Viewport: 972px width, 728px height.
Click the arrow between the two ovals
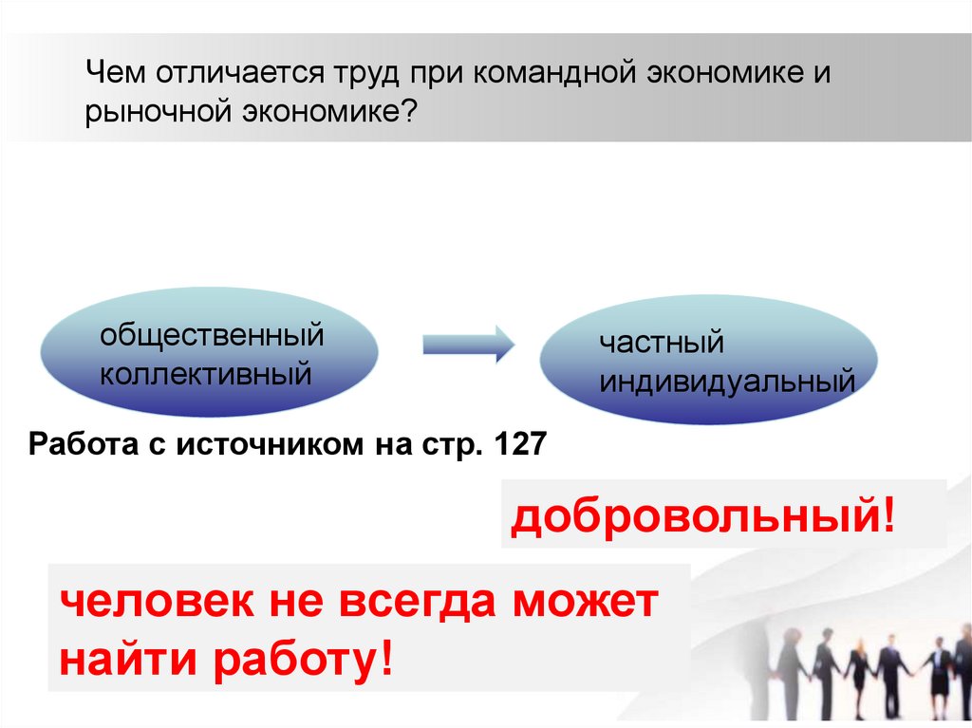coord(467,343)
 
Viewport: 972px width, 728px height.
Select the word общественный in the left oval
coord(213,334)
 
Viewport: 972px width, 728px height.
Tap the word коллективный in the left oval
coord(206,373)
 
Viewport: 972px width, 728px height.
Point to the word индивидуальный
coord(726,383)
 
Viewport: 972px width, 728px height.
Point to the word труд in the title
coord(365,73)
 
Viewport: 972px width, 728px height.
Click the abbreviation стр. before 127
coord(451,444)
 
